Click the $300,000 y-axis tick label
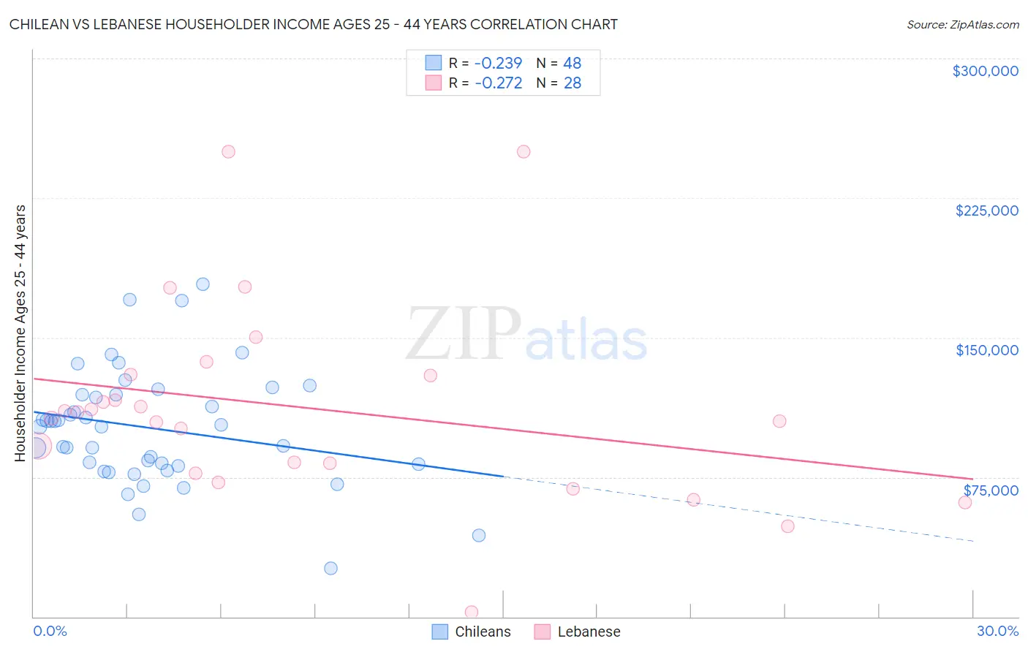click(x=985, y=71)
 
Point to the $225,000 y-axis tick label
click(x=986, y=211)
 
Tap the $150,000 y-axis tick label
click(x=986, y=350)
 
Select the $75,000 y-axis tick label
click(x=991, y=490)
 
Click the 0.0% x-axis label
click(x=50, y=631)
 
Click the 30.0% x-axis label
click(x=997, y=631)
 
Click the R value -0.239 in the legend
click(x=498, y=64)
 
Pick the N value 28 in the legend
click(x=572, y=83)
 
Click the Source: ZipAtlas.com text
click(x=962, y=25)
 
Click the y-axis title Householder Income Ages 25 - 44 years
click(x=20, y=333)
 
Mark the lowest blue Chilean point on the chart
click(x=330, y=568)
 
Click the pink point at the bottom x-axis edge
click(x=472, y=612)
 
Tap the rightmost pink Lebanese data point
click(x=965, y=502)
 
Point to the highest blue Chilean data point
click(x=203, y=284)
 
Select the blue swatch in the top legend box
click(x=434, y=64)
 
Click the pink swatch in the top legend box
click(x=434, y=83)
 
